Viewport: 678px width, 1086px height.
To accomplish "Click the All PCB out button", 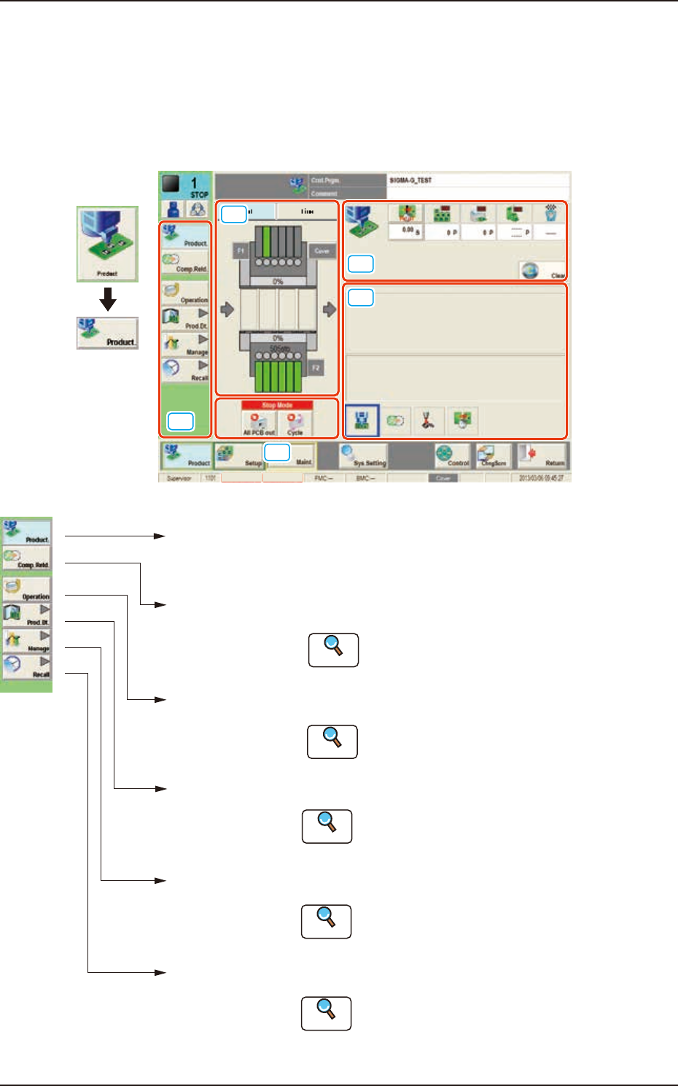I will (x=259, y=424).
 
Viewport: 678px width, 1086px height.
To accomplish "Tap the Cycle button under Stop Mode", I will (x=295, y=424).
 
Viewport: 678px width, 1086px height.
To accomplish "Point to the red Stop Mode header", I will (x=277, y=405).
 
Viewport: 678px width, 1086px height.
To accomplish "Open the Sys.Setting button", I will (x=363, y=456).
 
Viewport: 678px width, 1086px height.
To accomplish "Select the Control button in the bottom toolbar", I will (x=452, y=456).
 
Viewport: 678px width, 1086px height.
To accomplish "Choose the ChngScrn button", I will (x=494, y=456).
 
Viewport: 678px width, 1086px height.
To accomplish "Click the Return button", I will (x=542, y=456).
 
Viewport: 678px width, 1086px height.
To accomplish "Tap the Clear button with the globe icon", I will (x=542, y=271).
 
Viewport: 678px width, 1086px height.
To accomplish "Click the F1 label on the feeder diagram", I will (x=241, y=251).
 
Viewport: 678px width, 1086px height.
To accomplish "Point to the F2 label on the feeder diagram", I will (x=316, y=368).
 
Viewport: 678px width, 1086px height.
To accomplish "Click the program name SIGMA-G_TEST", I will (x=410, y=180).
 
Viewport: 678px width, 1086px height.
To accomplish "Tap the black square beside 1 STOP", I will (x=171, y=185).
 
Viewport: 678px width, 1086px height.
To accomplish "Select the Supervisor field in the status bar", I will (x=179, y=478).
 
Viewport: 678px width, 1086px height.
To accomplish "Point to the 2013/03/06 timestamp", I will (x=541, y=478).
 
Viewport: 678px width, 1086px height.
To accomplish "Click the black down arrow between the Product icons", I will (x=108, y=299).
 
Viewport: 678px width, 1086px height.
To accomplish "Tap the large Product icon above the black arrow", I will (x=108, y=244).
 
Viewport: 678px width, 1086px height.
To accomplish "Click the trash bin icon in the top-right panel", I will (x=551, y=214).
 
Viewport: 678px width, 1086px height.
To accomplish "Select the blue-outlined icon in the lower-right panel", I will (x=362, y=421).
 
